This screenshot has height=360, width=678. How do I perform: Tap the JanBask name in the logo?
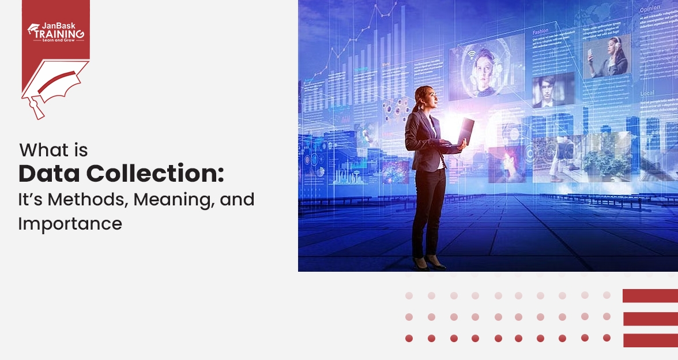63,26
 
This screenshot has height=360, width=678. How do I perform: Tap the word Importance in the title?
70,224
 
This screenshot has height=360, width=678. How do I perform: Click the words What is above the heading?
54,151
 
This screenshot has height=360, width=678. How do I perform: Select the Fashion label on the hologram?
541,32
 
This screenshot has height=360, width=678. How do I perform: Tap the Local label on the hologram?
646,93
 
